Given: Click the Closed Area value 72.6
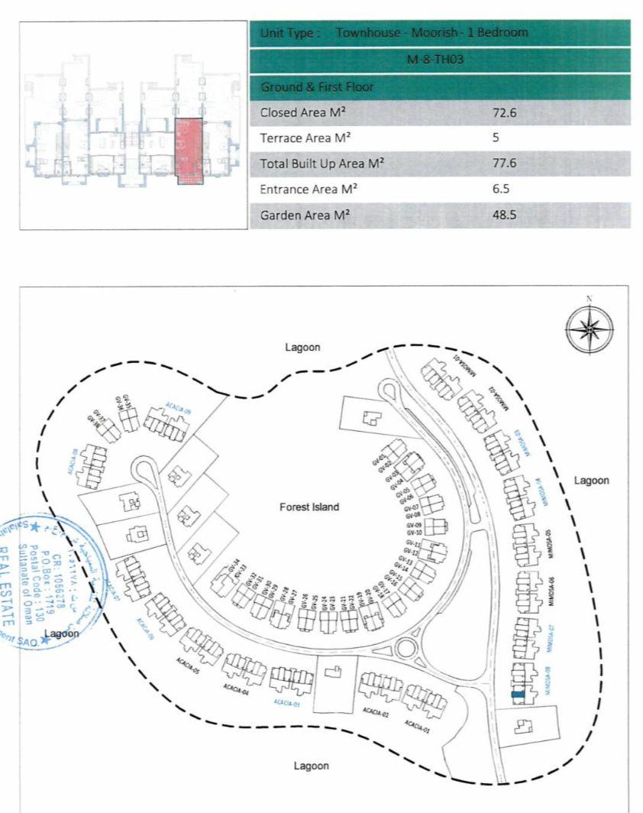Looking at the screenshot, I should (x=505, y=112).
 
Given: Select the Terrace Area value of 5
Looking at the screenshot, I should (x=497, y=138).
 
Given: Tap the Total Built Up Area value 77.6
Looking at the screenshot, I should (x=505, y=164).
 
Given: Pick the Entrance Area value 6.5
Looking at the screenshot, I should (x=501, y=189).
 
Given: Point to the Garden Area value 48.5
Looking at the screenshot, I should (x=505, y=215).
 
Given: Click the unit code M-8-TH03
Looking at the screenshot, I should (x=439, y=60).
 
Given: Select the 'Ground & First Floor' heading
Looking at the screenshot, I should (x=317, y=87).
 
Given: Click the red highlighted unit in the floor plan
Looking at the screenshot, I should (x=189, y=149).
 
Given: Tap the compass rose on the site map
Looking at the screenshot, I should (x=590, y=329).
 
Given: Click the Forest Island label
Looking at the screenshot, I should (x=309, y=507).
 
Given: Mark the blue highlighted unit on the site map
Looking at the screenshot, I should (x=518, y=695).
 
